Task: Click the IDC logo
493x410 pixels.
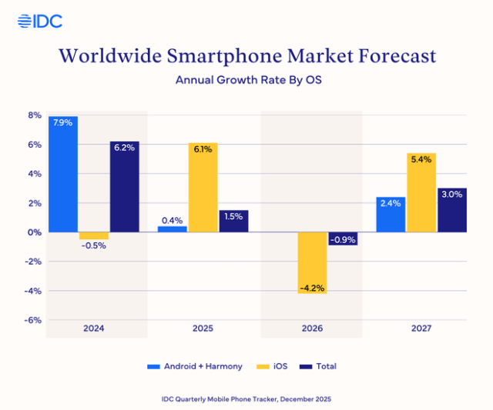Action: (39, 21)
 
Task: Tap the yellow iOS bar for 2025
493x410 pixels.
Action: (203, 187)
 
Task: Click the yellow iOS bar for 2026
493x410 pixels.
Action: (312, 262)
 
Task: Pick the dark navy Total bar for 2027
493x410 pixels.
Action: (451, 210)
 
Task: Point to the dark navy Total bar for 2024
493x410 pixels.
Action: (124, 187)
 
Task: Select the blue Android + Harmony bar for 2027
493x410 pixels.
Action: (391, 215)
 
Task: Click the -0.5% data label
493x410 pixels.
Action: (93, 247)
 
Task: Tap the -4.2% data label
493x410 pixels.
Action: (312, 288)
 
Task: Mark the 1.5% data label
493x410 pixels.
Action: (233, 217)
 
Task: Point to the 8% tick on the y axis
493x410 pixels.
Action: (35, 115)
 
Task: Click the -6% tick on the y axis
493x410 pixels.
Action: (33, 321)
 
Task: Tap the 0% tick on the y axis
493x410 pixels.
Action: (35, 232)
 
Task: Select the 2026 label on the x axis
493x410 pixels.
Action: (312, 328)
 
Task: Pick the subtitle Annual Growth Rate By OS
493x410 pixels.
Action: (246, 79)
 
